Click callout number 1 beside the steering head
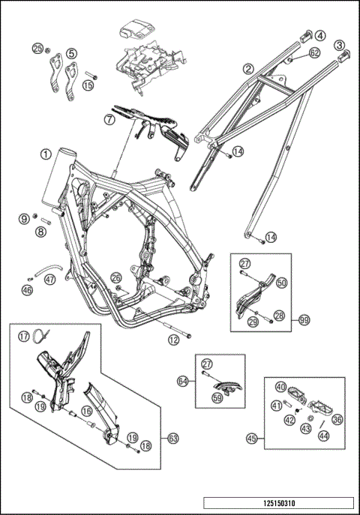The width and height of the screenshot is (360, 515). click(x=46, y=154)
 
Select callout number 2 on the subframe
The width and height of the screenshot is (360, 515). click(x=247, y=68)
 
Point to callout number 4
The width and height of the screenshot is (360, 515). click(x=319, y=34)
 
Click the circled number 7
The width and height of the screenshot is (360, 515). click(x=110, y=118)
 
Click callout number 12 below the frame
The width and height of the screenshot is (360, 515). click(x=173, y=340)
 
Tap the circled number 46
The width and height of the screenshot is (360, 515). click(x=27, y=289)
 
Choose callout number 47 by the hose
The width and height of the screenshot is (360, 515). click(x=49, y=279)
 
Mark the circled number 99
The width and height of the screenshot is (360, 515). click(x=304, y=320)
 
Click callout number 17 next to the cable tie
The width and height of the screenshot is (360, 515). click(x=24, y=337)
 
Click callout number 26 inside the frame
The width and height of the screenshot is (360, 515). click(x=115, y=278)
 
